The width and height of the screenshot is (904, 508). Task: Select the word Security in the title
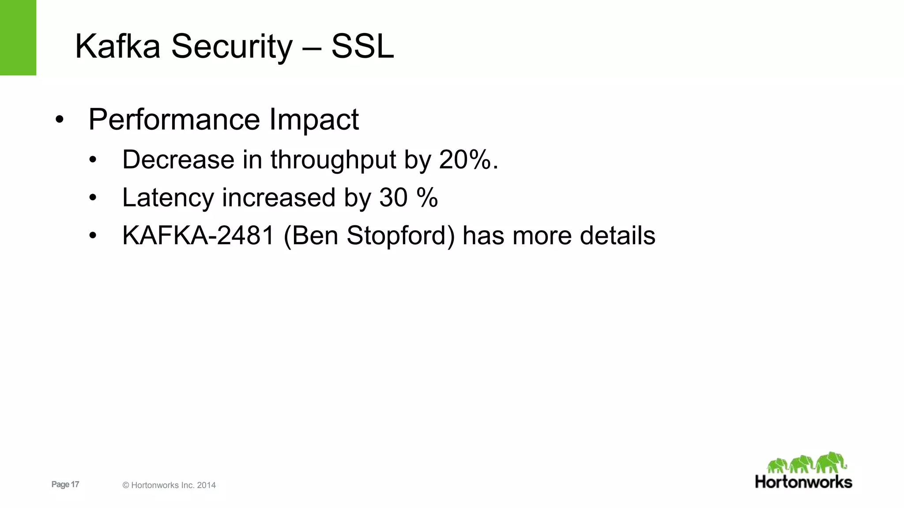coord(232,47)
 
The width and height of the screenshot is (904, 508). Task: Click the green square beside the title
coord(18,37)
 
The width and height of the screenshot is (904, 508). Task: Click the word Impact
coord(314,120)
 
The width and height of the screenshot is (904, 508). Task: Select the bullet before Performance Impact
coord(60,120)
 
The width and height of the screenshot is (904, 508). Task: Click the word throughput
coord(333,160)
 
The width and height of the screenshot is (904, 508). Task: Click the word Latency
coord(168,198)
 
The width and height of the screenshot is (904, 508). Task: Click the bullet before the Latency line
coord(92,198)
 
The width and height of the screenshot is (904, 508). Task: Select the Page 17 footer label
coord(65,484)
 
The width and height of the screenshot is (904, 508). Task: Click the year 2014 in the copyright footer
coord(206,485)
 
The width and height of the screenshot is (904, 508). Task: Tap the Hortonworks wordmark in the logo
coord(803,482)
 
